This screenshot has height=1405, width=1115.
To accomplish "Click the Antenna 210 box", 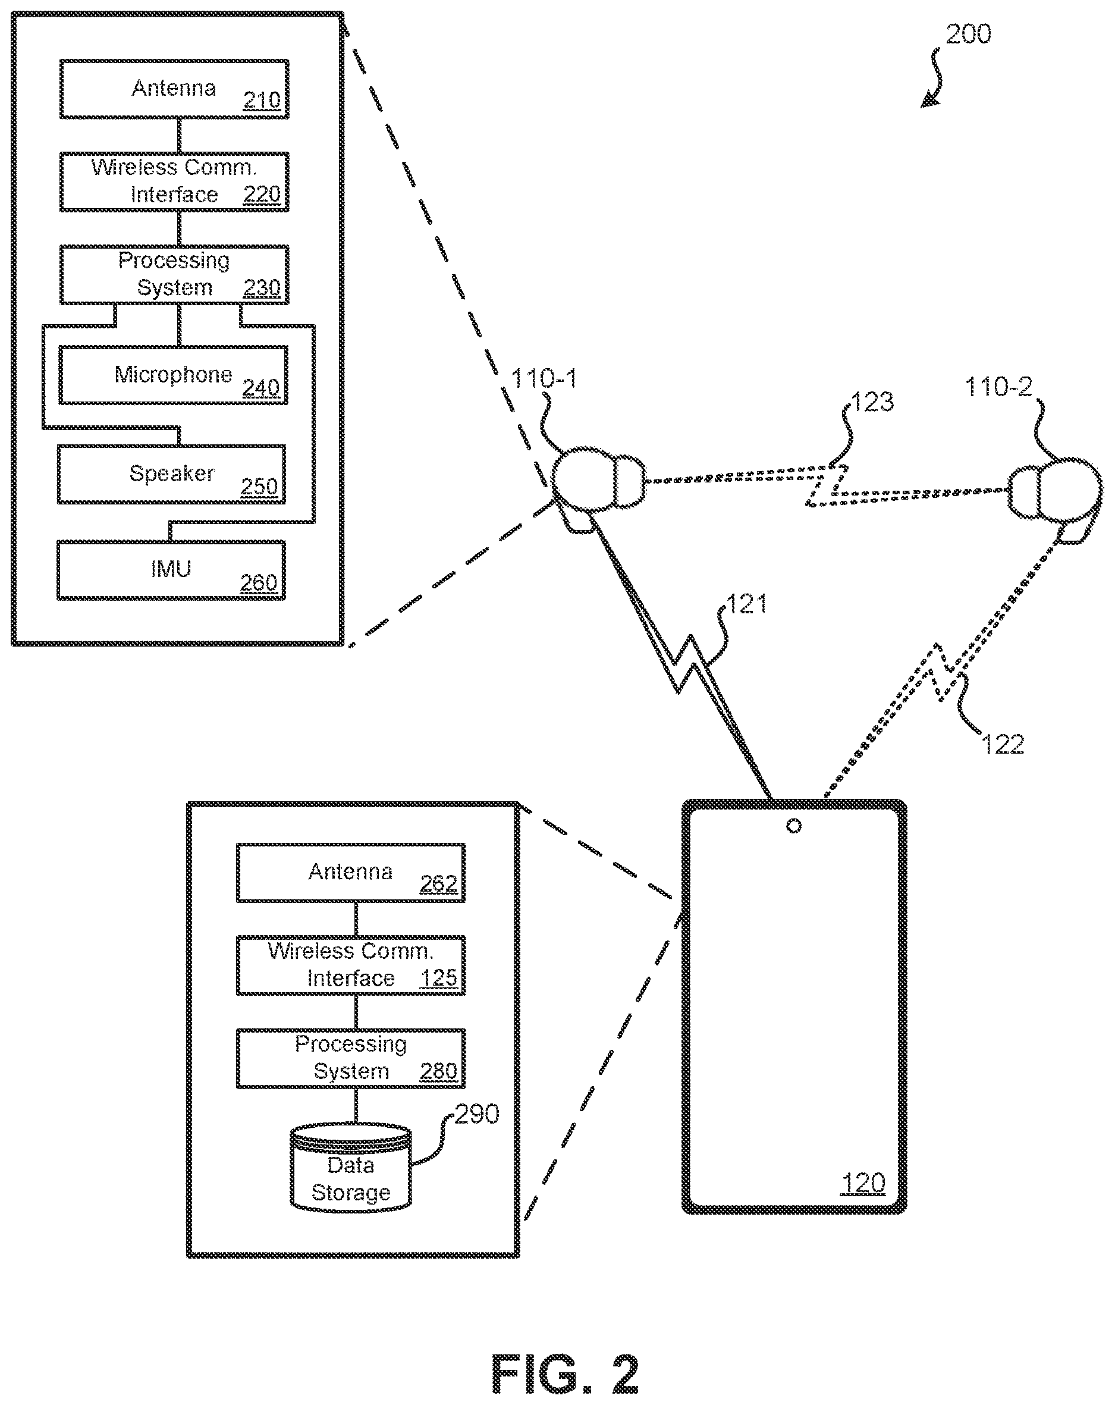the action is coord(174,89).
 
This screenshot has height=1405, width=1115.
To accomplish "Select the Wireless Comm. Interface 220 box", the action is coord(174,182).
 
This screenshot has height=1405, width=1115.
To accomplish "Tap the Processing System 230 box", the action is coord(174,274).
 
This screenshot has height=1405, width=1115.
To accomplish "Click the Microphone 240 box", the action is coord(172,375).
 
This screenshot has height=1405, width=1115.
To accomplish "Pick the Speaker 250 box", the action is coord(171,473).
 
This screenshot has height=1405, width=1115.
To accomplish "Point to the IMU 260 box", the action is coord(171,570).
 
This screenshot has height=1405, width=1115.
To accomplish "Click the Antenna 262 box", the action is coord(351,873).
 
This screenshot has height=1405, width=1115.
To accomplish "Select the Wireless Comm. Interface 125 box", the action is coord(351,965).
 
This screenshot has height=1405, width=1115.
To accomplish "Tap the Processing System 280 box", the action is coord(351,1058).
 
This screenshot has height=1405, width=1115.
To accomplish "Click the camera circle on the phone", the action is coord(794,826).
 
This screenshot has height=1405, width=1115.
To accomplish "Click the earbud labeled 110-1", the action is coord(596,485).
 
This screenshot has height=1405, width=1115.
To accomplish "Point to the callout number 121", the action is coord(747,604).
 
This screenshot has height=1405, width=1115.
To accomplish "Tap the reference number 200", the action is coord(968,34).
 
